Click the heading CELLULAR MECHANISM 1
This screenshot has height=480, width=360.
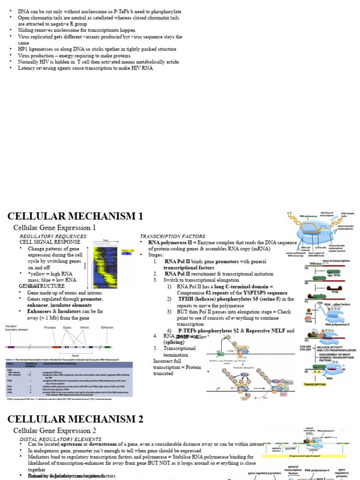[x=75, y=216]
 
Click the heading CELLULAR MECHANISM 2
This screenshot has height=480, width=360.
[x=75, y=419]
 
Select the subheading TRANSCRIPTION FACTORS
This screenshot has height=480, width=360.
[x=172, y=236]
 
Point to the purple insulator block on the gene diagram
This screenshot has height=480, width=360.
[x=11, y=347]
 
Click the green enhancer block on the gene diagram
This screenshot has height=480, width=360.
[x=107, y=347]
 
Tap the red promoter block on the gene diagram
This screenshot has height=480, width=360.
[x=56, y=347]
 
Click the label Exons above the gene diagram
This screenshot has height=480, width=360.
[x=67, y=328]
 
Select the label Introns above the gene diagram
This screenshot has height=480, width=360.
[x=84, y=328]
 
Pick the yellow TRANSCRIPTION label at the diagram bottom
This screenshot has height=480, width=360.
[x=315, y=384]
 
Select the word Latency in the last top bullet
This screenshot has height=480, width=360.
[x=28, y=68]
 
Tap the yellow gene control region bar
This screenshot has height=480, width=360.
[x=305, y=455]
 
